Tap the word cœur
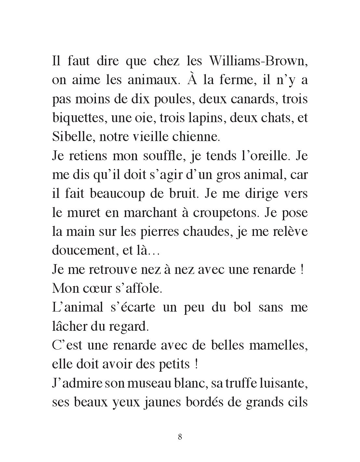tap(99, 289)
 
